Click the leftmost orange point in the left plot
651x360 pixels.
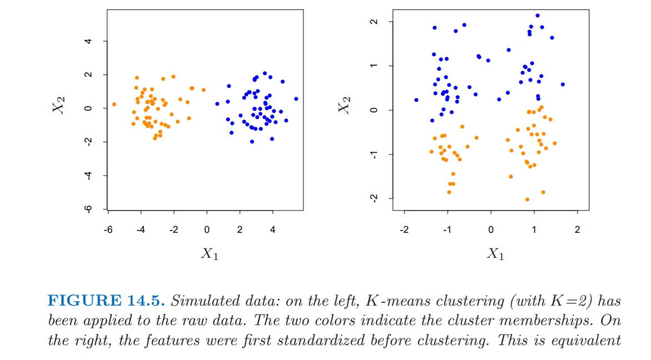(114, 104)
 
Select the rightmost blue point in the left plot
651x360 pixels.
(296, 99)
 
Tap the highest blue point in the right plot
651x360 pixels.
(537, 16)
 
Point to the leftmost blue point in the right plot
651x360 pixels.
(416, 100)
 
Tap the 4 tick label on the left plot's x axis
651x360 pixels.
(273, 229)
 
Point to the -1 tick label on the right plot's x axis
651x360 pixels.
(446, 229)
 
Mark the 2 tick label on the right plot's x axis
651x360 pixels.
(578, 229)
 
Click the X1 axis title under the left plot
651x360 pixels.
(209, 254)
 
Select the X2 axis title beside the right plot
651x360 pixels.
(345, 104)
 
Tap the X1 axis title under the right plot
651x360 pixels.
(494, 254)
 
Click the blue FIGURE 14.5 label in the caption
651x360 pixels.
(106, 302)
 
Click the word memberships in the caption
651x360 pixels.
(547, 321)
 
